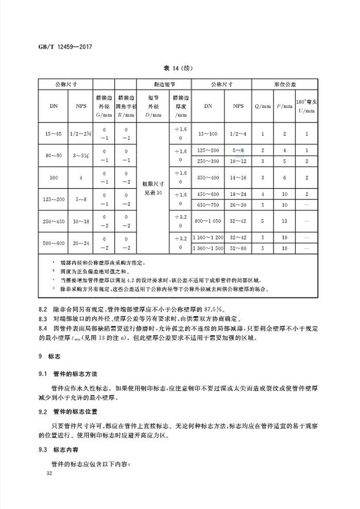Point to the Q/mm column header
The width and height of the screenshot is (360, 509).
pos(263,106)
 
